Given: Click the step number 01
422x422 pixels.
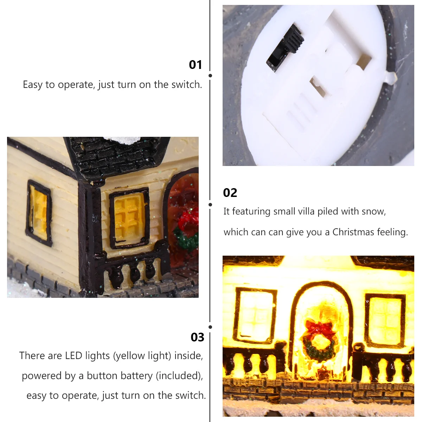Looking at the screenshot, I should pos(195,65).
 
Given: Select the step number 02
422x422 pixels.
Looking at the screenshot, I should pos(230,193).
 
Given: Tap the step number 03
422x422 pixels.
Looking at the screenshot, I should pos(197,337).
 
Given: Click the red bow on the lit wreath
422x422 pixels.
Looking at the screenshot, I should pos(318,327).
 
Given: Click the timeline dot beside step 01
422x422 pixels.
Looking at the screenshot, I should pos(210,76).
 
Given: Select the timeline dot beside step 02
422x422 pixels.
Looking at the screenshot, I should pos(210,205).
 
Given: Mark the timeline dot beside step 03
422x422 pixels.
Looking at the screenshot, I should pos(210,327).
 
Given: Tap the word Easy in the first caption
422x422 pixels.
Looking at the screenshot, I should pos(33,85).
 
